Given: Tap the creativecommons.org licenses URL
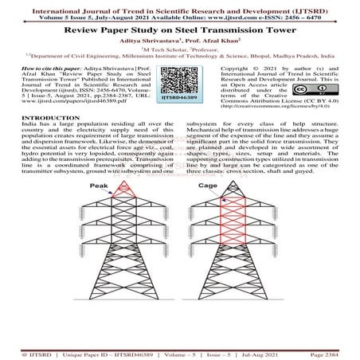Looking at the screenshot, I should point(271,128).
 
